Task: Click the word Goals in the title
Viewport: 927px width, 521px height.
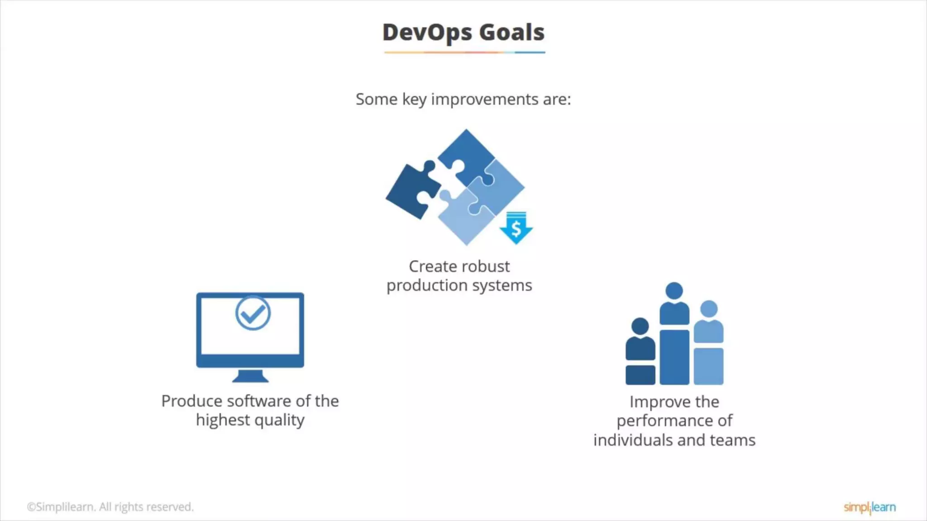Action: tap(511, 33)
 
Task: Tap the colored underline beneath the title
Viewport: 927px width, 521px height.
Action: tap(464, 52)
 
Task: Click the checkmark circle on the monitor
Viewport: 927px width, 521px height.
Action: tap(253, 313)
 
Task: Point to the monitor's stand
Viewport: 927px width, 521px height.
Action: tap(250, 376)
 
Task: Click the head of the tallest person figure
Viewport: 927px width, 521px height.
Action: tap(674, 291)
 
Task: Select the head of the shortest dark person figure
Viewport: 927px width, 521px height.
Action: tap(640, 326)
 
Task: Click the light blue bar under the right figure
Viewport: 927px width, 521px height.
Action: tap(708, 366)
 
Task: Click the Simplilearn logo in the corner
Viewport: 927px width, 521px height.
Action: tap(870, 507)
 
